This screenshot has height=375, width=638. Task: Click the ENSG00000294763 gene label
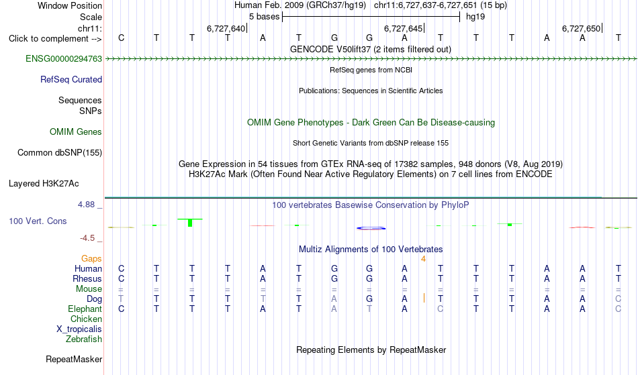(64, 59)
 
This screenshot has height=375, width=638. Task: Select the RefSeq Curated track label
(71, 80)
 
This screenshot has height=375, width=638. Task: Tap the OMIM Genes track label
(76, 132)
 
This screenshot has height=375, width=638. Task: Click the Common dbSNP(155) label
(59, 153)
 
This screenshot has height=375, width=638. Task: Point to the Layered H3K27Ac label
(44, 184)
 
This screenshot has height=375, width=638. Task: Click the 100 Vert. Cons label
(38, 221)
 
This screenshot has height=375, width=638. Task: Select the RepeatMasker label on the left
(74, 360)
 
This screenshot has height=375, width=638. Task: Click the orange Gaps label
(91, 259)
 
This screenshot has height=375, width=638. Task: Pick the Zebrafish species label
(84, 339)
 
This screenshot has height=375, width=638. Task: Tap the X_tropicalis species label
(79, 329)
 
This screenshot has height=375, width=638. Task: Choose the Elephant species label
(85, 309)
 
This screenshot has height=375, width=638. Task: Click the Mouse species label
(89, 289)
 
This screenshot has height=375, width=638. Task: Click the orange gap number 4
(423, 259)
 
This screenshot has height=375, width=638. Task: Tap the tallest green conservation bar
(190, 223)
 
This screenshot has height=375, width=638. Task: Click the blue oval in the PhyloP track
(371, 228)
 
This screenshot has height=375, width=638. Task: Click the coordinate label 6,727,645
(403, 28)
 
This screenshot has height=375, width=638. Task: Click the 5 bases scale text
(265, 17)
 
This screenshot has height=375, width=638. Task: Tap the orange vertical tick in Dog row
(424, 299)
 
